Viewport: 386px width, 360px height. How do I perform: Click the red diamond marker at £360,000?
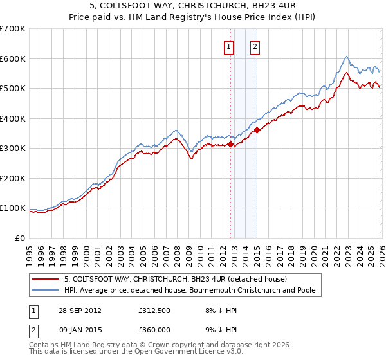click(257, 130)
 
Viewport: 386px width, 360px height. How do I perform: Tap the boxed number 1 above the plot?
click(229, 46)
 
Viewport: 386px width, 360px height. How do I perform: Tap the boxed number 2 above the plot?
click(255, 46)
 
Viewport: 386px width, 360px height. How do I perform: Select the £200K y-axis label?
click(13, 178)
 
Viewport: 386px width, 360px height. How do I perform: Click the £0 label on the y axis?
click(19, 238)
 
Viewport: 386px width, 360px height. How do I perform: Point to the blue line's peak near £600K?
click(346, 57)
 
